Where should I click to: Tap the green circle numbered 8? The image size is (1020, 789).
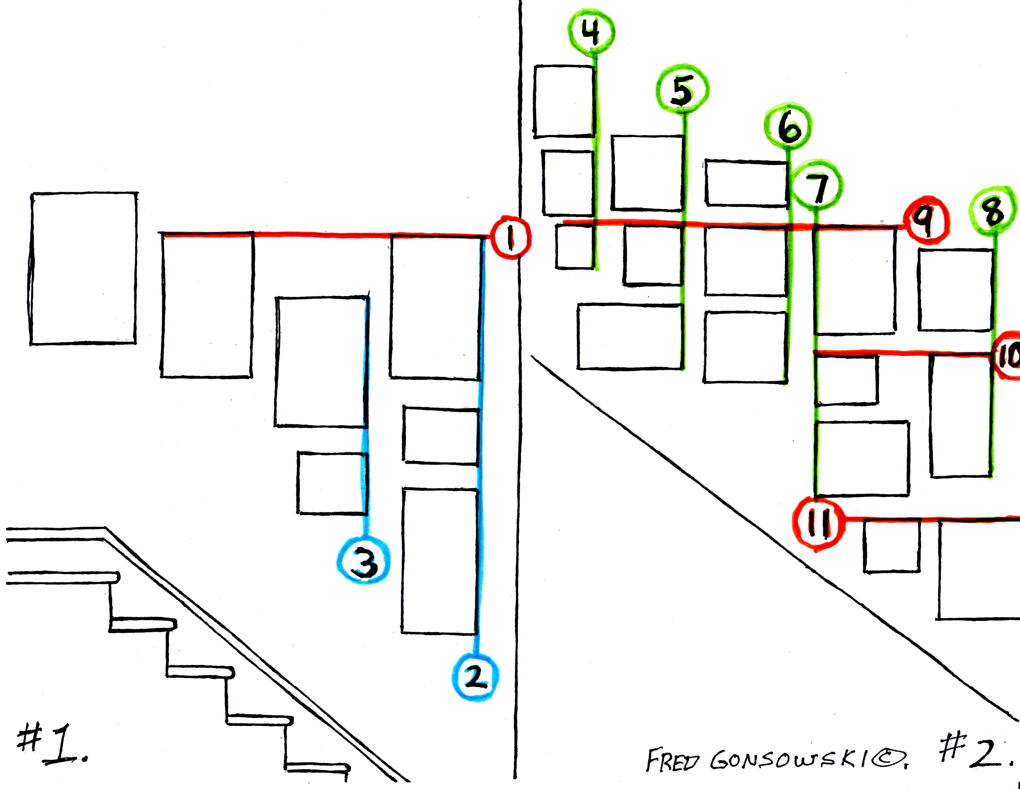(994, 211)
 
